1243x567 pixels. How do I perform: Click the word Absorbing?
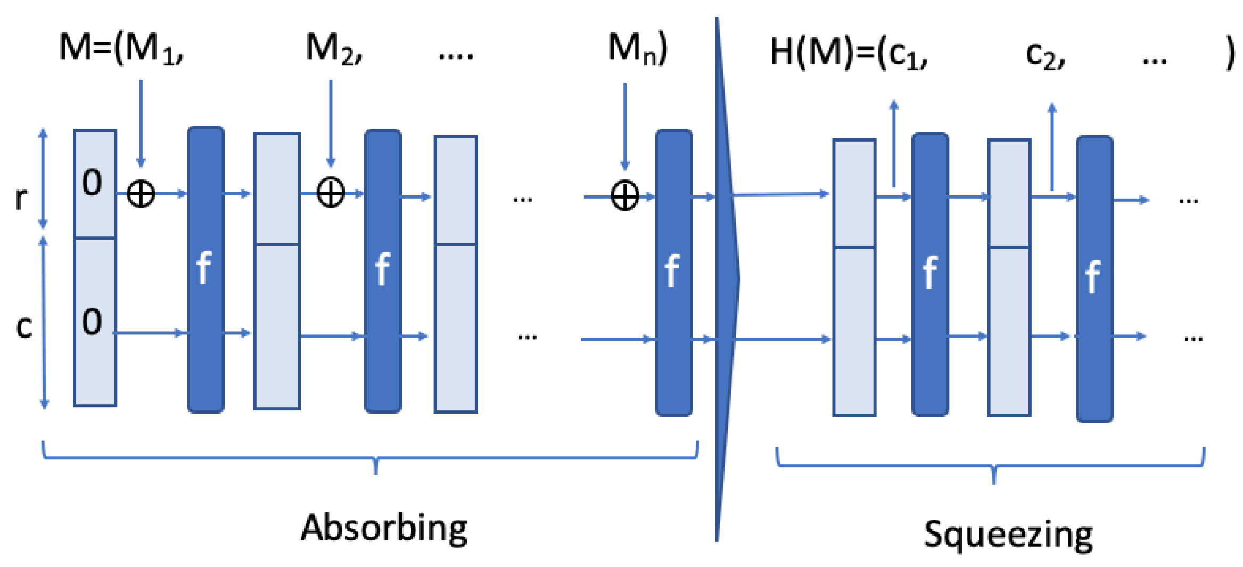pyautogui.click(x=384, y=529)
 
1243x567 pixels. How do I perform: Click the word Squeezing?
pyautogui.click(x=1008, y=535)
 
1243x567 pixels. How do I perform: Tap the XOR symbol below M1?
pyautogui.click(x=141, y=193)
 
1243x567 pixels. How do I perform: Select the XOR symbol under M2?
pyautogui.click(x=331, y=193)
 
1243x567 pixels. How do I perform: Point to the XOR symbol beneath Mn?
pyautogui.click(x=624, y=196)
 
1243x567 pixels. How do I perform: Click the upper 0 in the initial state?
pyautogui.click(x=92, y=183)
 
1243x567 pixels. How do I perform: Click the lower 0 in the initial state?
pyautogui.click(x=92, y=322)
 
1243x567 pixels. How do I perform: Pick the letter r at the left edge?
pyautogui.click(x=21, y=198)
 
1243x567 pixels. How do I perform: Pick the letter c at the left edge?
pyautogui.click(x=24, y=326)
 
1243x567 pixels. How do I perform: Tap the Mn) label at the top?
pyautogui.click(x=637, y=50)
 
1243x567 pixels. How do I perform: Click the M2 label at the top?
pyautogui.click(x=334, y=50)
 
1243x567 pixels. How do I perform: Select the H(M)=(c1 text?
pyautogui.click(x=849, y=53)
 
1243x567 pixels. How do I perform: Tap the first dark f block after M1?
pyautogui.click(x=205, y=269)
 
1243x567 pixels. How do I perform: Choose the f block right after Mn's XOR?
pyautogui.click(x=673, y=272)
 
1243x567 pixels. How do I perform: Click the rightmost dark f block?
pyautogui.click(x=1094, y=278)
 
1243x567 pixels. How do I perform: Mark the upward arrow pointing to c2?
pyautogui.click(x=1052, y=146)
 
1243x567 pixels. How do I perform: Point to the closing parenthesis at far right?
pyautogui.click(x=1230, y=53)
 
